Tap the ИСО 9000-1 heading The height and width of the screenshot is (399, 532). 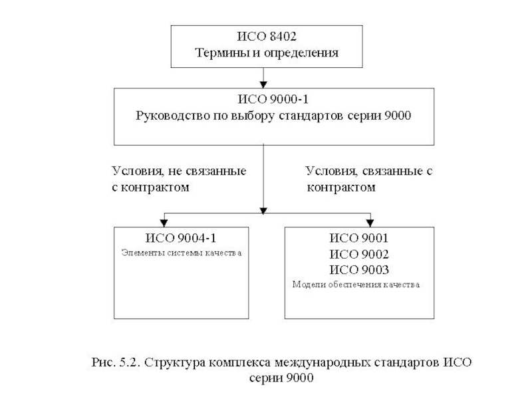pos(264,100)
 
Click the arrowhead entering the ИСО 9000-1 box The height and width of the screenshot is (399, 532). pos(264,84)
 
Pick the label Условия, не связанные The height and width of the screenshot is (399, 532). pos(178,171)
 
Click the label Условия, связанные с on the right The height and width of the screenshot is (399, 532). pos(369,171)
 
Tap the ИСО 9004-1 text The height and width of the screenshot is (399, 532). pos(181,237)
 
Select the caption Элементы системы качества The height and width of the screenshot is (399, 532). pos(181,253)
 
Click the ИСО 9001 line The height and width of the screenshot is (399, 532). pos(359,237)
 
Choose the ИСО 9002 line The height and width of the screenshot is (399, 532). pos(359,253)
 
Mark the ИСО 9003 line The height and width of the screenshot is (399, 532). pos(359,269)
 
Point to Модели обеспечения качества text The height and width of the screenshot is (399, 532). pos(356,285)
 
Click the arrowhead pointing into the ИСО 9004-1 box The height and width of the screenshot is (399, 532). pos(164,222)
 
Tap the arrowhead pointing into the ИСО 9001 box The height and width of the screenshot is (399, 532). pos(370,222)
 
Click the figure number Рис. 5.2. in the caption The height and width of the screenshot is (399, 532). pos(115,363)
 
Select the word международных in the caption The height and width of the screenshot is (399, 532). pos(340,363)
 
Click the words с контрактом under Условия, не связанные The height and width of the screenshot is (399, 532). pos(150,188)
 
